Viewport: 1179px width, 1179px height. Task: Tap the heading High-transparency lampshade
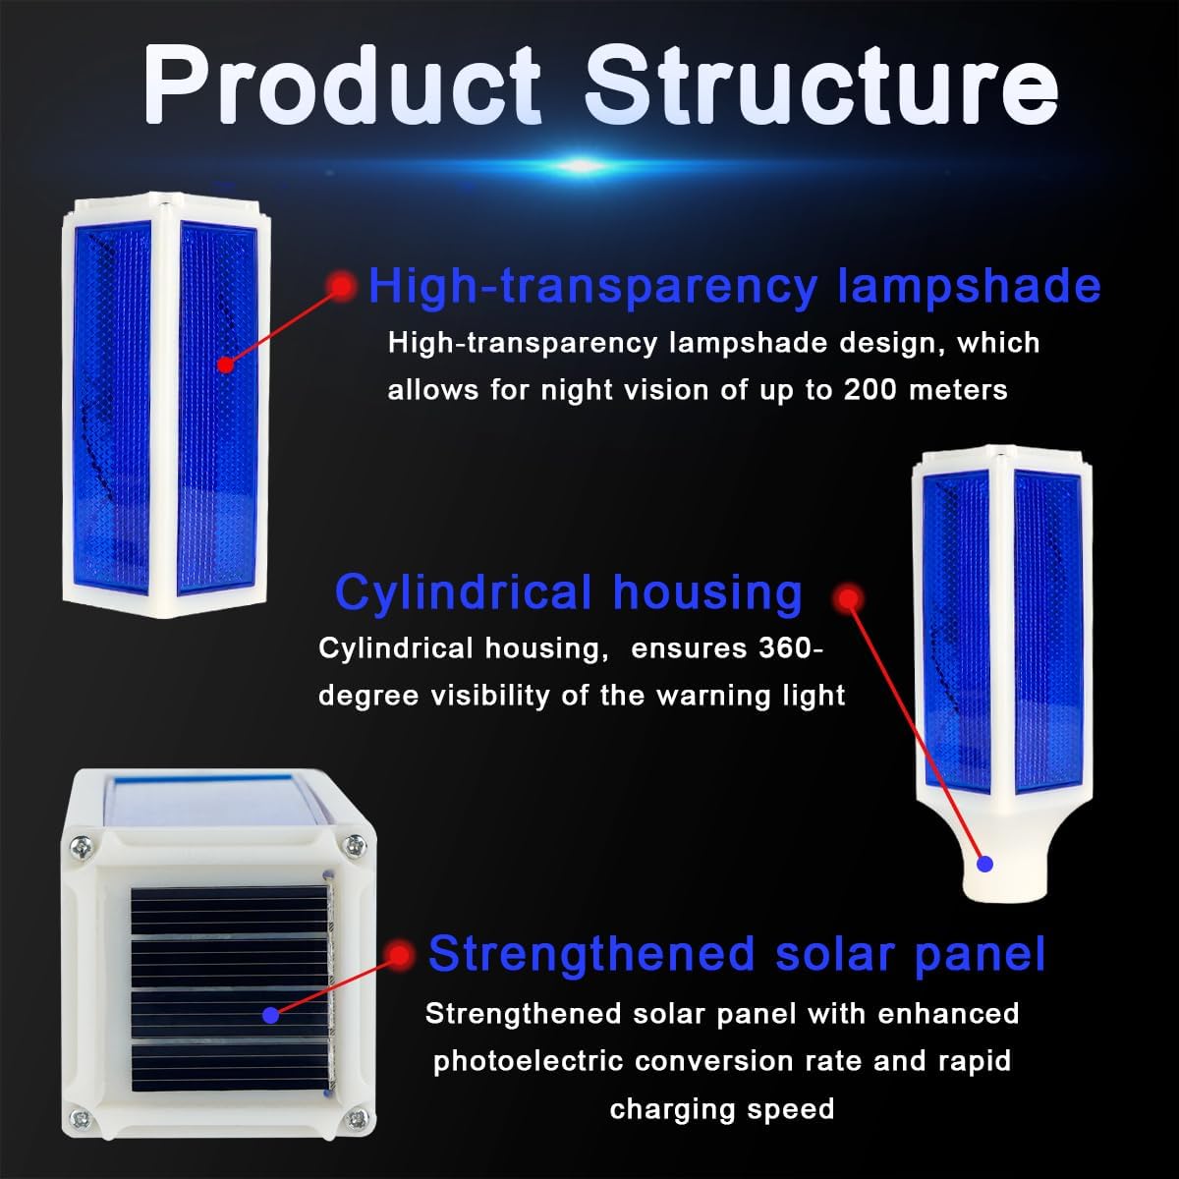pyautogui.click(x=734, y=286)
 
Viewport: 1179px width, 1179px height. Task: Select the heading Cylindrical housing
pyautogui.click(x=568, y=592)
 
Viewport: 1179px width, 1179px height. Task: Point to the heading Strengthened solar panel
pyautogui.click(x=737, y=954)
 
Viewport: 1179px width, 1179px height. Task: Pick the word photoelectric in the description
pyautogui.click(x=529, y=1061)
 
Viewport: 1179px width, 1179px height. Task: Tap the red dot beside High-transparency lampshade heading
pyautogui.click(x=341, y=286)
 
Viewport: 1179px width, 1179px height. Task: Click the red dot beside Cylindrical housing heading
pyautogui.click(x=847, y=597)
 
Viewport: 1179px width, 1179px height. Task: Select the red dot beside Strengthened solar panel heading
pyautogui.click(x=399, y=953)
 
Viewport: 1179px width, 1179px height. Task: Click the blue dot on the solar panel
pyautogui.click(x=270, y=1013)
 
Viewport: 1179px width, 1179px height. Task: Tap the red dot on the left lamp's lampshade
pyautogui.click(x=225, y=365)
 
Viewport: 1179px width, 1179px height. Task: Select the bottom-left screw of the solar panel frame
pyautogui.click(x=82, y=1117)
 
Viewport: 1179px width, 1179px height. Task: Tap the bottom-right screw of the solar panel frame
pyautogui.click(x=356, y=1118)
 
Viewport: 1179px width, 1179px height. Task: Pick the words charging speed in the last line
pyautogui.click(x=721, y=1109)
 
